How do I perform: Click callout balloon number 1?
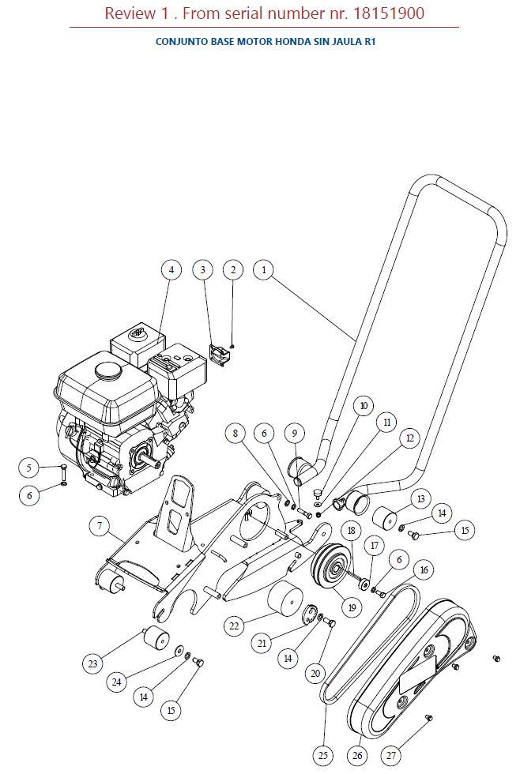point(264,270)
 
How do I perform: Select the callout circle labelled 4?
point(171,270)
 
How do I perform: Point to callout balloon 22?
point(234,626)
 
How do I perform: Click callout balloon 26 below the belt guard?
point(357,755)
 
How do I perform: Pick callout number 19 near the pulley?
point(351,607)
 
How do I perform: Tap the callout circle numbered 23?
point(93,663)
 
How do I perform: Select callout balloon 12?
point(409,438)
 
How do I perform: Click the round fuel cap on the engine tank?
point(105,369)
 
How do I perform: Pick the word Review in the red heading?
point(127,13)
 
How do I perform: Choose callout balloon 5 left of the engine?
point(29,468)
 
